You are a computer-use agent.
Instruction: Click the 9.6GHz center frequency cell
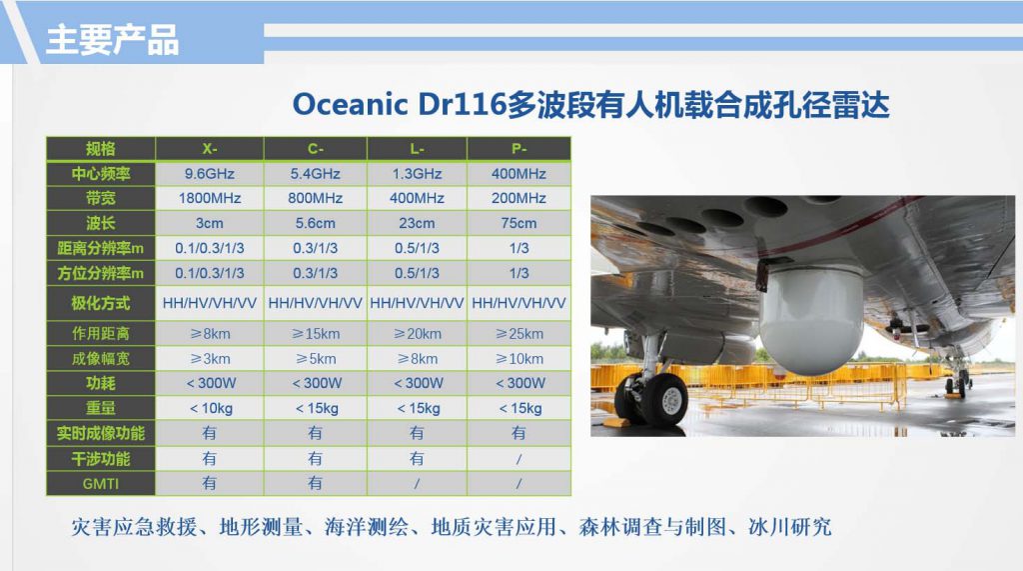coord(210,174)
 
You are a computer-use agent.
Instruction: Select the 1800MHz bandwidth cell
coord(210,198)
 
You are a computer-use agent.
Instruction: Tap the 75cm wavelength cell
coord(518,223)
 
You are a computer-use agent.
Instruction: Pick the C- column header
coord(315,149)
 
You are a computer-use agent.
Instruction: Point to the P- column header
coord(518,149)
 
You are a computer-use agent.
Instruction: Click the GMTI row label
coord(101,483)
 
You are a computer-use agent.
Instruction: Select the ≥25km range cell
coord(518,334)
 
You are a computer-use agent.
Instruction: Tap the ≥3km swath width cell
coord(210,359)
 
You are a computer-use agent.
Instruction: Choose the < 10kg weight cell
coord(210,408)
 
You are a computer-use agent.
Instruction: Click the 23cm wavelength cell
coord(417,223)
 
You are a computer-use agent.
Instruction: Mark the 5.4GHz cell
coord(315,174)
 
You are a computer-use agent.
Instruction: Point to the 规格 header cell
coord(101,149)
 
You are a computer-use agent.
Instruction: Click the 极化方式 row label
coord(101,303)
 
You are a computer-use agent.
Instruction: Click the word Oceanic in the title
coord(350,105)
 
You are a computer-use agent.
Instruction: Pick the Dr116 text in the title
coord(463,105)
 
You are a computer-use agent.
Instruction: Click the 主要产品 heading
coord(112,39)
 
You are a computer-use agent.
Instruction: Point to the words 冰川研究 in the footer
coord(790,527)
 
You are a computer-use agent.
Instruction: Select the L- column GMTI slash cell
coord(417,483)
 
